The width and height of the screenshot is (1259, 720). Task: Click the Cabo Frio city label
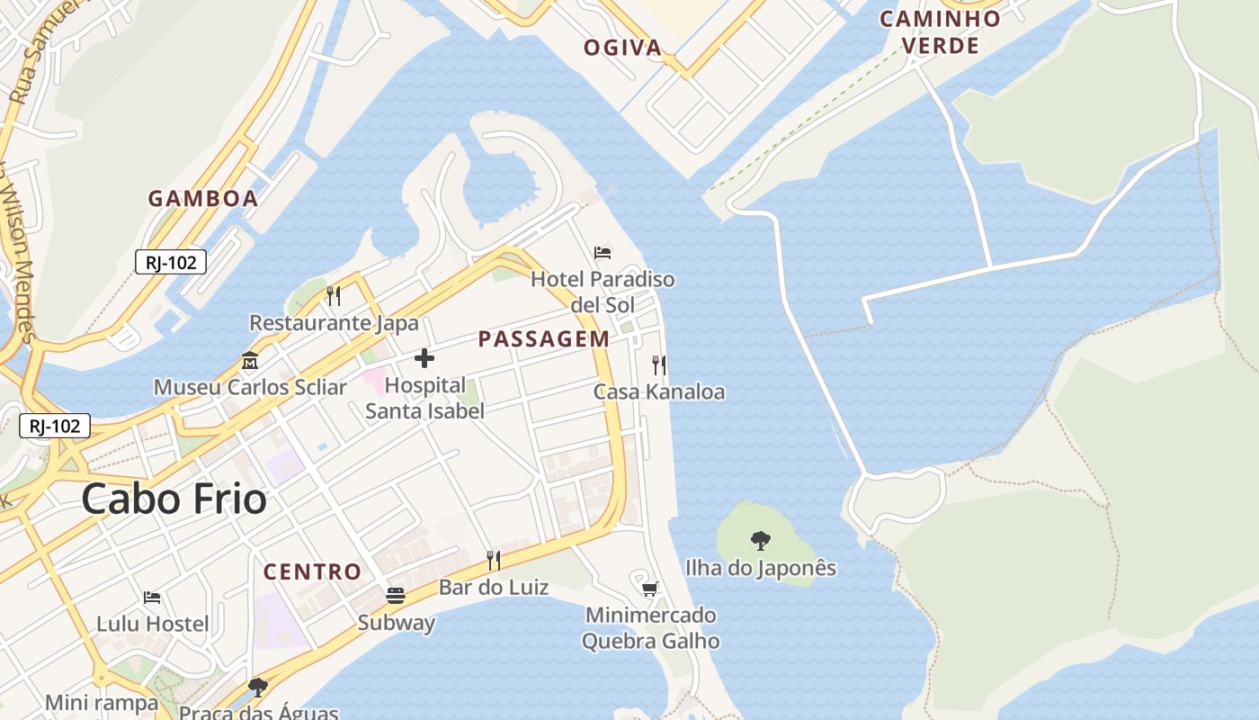pos(174,499)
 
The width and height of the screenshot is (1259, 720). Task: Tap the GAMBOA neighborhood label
pos(203,199)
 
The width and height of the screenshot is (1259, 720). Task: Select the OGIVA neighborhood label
pos(623,48)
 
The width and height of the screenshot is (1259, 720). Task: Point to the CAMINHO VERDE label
pos(940,32)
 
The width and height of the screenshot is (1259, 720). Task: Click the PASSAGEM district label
pos(543,339)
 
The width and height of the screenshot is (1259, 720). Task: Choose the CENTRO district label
pos(312,571)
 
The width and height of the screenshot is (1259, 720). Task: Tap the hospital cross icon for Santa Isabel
pos(424,359)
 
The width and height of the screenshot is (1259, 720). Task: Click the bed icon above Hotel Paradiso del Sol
pos(603,253)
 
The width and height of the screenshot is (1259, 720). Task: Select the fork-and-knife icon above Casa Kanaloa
pos(659,364)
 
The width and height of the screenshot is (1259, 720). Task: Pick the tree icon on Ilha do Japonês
pos(760,541)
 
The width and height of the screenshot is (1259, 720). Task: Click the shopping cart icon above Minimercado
pos(649,589)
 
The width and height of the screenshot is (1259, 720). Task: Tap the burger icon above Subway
pos(396,595)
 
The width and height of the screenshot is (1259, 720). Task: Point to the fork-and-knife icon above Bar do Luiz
pos(493,561)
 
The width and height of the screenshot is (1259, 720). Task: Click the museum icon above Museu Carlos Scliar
pos(250,361)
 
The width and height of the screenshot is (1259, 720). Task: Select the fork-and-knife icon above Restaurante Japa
pos(333,295)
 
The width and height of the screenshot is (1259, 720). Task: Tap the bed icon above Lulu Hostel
pos(152,597)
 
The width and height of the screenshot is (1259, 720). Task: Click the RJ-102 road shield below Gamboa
pos(171,262)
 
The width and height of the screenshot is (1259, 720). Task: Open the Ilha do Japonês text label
pos(760,568)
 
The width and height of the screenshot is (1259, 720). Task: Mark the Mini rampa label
pos(102,702)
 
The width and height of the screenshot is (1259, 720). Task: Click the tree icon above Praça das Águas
pos(258,688)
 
